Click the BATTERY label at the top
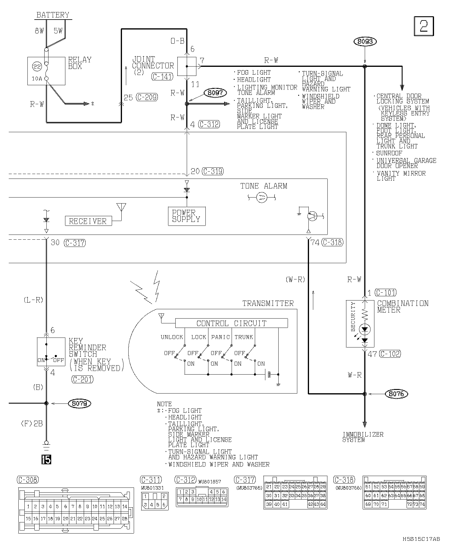[53, 15]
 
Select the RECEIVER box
[88, 221]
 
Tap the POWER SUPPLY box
[187, 216]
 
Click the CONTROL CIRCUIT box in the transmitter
[231, 323]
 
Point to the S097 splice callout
[215, 93]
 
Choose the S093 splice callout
[365, 42]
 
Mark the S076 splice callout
[396, 394]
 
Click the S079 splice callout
[80, 403]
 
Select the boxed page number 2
[424, 26]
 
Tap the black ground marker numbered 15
[46, 459]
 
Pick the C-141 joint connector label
[162, 77]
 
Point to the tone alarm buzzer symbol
[261, 198]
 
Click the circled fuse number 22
[37, 67]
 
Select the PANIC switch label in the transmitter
[220, 337]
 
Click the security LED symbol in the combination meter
[365, 329]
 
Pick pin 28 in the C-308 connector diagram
[124, 518]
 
